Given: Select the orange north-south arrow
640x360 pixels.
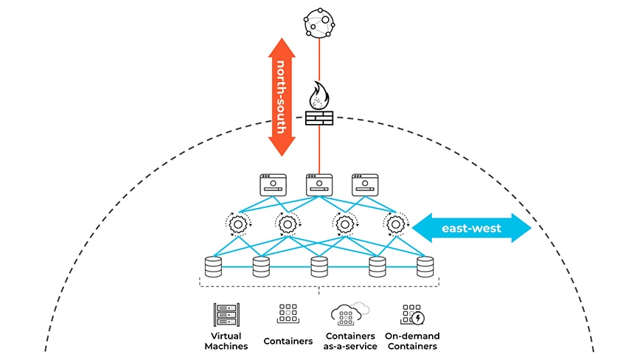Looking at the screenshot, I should coord(280,96).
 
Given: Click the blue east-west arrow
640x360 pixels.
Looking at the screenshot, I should coord(471,228).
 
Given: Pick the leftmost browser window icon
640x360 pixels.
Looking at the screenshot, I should coord(272,184).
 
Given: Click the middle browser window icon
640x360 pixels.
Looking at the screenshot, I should coord(319,184).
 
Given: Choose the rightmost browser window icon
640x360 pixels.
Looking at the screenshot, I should coord(365,184).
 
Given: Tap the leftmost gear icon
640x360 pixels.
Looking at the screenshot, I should coord(237,223).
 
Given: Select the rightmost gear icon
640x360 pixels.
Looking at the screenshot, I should coord(395,223).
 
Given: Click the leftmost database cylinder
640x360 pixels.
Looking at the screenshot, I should coord(213,266).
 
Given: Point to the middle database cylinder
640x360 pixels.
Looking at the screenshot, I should coord(319,266).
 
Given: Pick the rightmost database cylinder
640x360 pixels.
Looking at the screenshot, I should coord(425,266).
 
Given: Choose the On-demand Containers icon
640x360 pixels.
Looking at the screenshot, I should coord(412,315).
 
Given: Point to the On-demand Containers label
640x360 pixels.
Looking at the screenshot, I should coord(412,341).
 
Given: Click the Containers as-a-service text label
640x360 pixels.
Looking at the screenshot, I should coord(349,341).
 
